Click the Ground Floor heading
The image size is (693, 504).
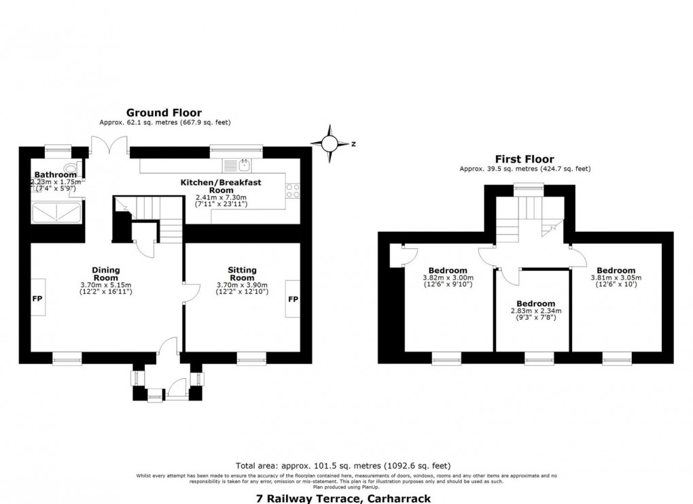coord(164,113)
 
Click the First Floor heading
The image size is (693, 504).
coord(525,158)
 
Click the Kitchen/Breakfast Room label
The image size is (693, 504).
coord(221,186)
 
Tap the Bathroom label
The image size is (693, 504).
coord(56,175)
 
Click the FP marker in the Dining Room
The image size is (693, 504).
coord(37,299)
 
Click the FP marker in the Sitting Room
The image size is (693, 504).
coord(294,299)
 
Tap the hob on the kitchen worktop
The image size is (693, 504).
coord(294,190)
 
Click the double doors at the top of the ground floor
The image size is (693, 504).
coord(110,146)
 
